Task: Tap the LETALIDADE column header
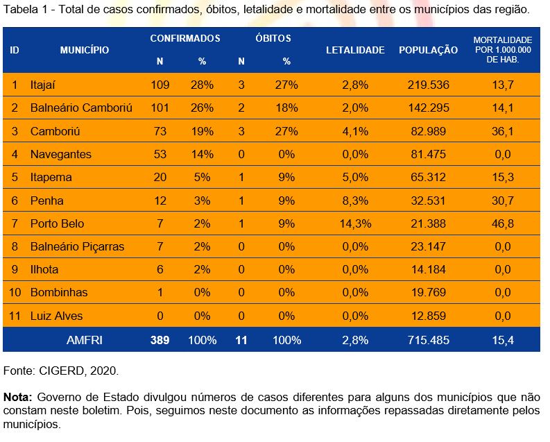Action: click(x=355, y=50)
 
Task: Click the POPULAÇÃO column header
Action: click(x=428, y=50)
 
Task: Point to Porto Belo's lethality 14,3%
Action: click(x=356, y=223)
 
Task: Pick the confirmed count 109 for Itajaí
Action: click(x=160, y=85)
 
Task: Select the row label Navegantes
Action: click(x=60, y=154)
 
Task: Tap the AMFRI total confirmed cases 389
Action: click(x=160, y=340)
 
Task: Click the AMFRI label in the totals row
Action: click(x=85, y=340)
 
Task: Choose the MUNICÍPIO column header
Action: click(x=84, y=50)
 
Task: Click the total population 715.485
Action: click(x=428, y=340)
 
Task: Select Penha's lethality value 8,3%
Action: click(x=356, y=201)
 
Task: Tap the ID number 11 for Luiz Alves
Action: click(x=15, y=316)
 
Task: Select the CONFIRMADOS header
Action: click(x=185, y=38)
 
